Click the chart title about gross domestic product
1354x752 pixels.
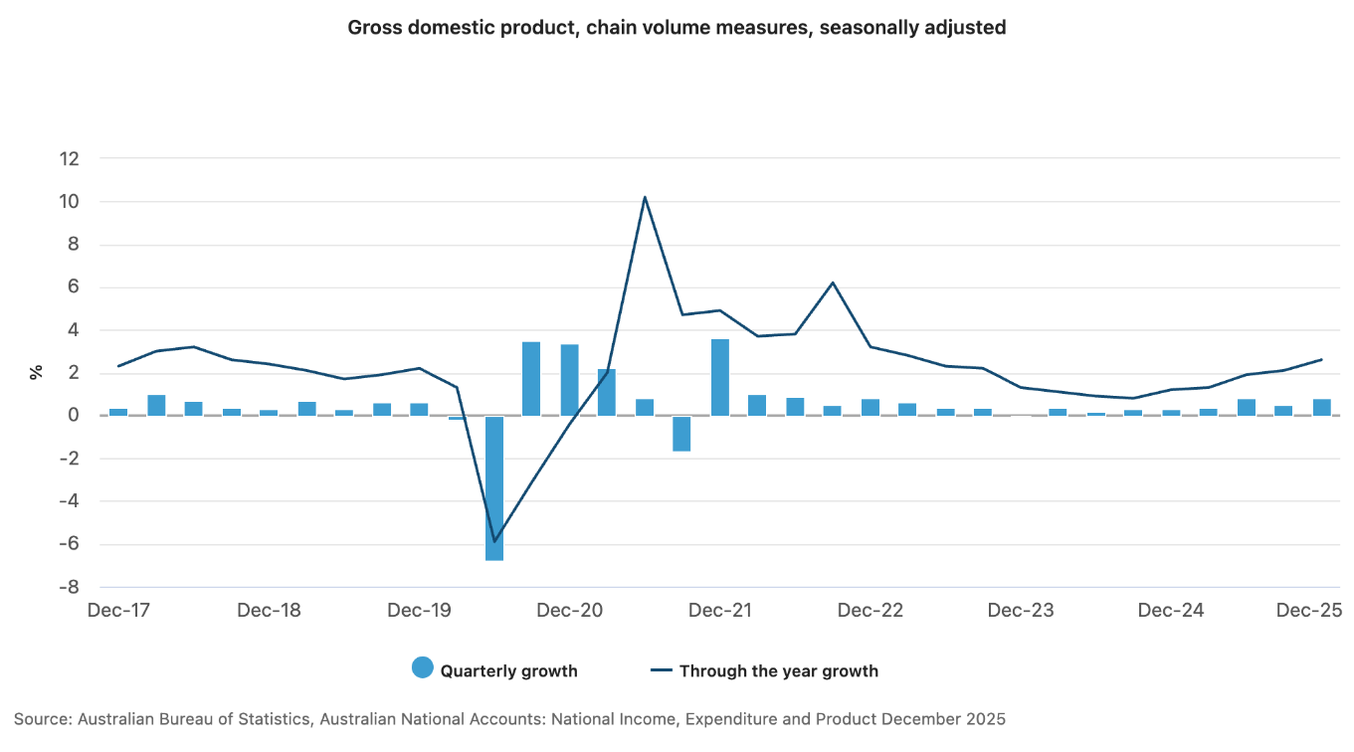677,28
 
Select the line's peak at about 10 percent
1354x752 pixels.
645,197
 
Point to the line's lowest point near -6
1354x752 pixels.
494,541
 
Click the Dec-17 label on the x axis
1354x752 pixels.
118,610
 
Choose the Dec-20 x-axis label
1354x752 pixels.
569,610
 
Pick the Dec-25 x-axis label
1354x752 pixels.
1309,610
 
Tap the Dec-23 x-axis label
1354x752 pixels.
1021,610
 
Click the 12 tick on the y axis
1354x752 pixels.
69,159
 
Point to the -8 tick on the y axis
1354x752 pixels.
67,587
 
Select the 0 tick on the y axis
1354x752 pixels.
74,416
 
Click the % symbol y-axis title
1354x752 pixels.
37,372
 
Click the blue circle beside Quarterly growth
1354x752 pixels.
423,669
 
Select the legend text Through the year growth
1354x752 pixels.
778,670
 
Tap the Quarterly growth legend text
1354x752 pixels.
508,670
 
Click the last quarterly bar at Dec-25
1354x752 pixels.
1322,407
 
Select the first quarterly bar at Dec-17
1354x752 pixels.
118,412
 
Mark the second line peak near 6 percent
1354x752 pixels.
833,282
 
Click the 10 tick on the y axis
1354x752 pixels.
69,202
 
